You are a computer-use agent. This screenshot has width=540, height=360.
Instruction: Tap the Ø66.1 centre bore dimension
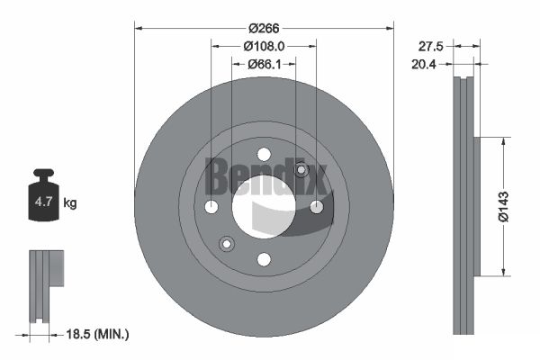264,64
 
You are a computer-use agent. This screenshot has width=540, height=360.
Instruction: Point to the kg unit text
70,203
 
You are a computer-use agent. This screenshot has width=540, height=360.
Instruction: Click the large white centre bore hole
264,207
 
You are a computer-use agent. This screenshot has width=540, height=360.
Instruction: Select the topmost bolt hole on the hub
264,155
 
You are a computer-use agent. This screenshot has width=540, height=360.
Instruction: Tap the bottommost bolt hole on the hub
264,259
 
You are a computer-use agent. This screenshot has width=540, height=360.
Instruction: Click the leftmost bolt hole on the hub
211,207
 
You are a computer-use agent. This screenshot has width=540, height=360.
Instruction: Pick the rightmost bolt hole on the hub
316,207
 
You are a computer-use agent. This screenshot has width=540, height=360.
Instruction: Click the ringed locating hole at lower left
227,243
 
